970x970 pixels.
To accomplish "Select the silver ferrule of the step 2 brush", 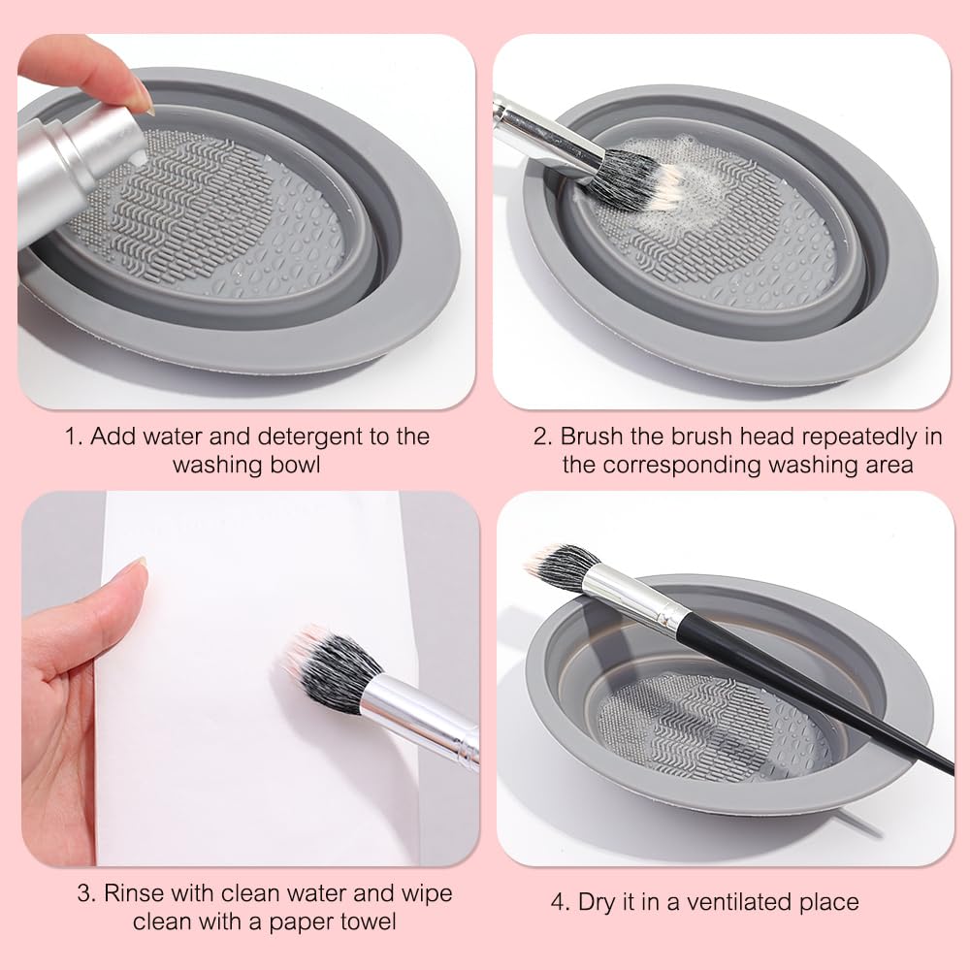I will coord(548,136).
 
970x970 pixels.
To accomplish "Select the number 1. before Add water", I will coord(74,436).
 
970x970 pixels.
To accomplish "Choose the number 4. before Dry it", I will coord(561,902).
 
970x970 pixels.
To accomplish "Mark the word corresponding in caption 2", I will coord(680,465).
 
